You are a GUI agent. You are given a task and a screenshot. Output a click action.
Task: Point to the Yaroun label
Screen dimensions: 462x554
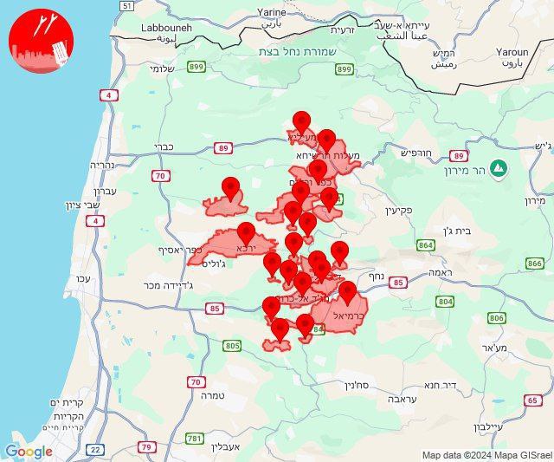click(x=512, y=52)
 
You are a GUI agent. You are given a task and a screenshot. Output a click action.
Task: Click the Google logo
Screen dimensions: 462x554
click(x=29, y=451)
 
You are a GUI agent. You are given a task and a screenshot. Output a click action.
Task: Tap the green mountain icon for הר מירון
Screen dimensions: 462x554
click(x=499, y=167)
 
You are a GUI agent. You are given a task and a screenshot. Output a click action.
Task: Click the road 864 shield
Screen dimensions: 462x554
click(x=425, y=245)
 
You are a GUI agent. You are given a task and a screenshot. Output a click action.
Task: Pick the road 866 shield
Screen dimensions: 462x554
click(x=534, y=263)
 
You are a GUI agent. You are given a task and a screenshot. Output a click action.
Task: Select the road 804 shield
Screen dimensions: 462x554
click(x=445, y=301)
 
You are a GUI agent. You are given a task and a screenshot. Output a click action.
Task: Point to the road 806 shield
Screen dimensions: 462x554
click(x=496, y=318)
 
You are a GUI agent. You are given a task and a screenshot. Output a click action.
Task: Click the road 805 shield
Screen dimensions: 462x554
click(x=232, y=346)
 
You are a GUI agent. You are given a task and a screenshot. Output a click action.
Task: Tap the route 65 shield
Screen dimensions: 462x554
click(x=532, y=400)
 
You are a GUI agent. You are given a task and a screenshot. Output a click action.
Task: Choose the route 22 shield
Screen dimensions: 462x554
click(x=95, y=448)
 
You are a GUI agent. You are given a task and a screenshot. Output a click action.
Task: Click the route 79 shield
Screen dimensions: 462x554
click(x=148, y=447)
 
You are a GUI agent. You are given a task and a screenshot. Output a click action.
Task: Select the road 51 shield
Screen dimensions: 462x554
click(x=126, y=6)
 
